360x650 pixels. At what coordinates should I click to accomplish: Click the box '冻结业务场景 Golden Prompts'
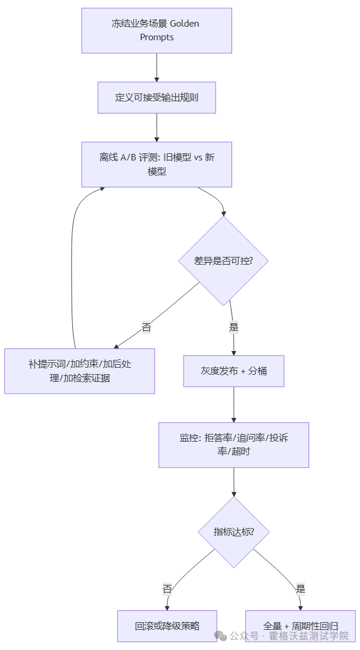pos(156,30)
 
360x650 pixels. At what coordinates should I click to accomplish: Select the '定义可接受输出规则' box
pos(156,97)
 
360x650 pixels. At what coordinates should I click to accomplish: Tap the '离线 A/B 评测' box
pos(156,164)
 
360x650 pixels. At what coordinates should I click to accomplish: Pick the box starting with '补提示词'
pos(79,371)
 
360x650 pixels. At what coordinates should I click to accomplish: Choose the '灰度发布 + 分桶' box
pos(233,371)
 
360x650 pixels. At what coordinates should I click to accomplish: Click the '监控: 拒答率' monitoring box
pos(233,445)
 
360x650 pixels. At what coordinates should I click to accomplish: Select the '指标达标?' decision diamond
pos(234,531)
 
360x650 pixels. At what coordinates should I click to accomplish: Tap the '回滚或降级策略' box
pos(167,626)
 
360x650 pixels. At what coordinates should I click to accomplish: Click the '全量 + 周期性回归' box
pos(300,626)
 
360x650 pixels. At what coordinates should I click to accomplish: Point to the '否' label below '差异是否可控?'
pos(146,326)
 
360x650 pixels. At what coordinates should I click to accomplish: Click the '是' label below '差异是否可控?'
pos(233,326)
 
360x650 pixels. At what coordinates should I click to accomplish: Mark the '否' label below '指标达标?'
pos(167,588)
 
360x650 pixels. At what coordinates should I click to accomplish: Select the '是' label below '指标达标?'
pos(300,588)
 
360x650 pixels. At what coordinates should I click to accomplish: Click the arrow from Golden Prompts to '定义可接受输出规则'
pos(156,67)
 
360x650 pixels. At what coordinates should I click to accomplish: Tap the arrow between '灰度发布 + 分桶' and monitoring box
pos(233,404)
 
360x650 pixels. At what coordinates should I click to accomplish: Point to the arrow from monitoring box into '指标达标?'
pos(234,481)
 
